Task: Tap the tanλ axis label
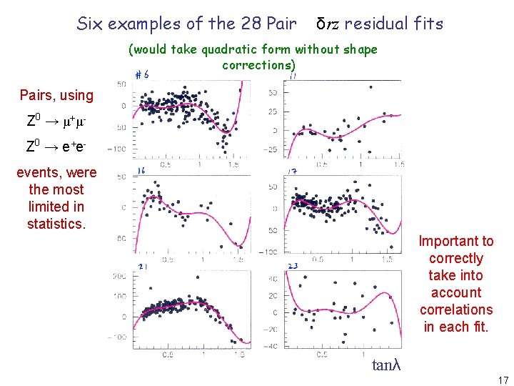coord(386,365)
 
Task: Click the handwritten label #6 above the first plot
coord(142,74)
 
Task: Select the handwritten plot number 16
coord(142,172)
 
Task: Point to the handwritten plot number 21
coord(142,267)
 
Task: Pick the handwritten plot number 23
coord(293,267)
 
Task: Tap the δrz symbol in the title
coord(328,24)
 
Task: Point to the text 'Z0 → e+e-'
coord(56,147)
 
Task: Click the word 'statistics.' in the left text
coord(56,224)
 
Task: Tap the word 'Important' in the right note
coord(455,241)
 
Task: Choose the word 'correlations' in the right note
coord(455,310)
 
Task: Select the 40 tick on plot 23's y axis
coord(272,279)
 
